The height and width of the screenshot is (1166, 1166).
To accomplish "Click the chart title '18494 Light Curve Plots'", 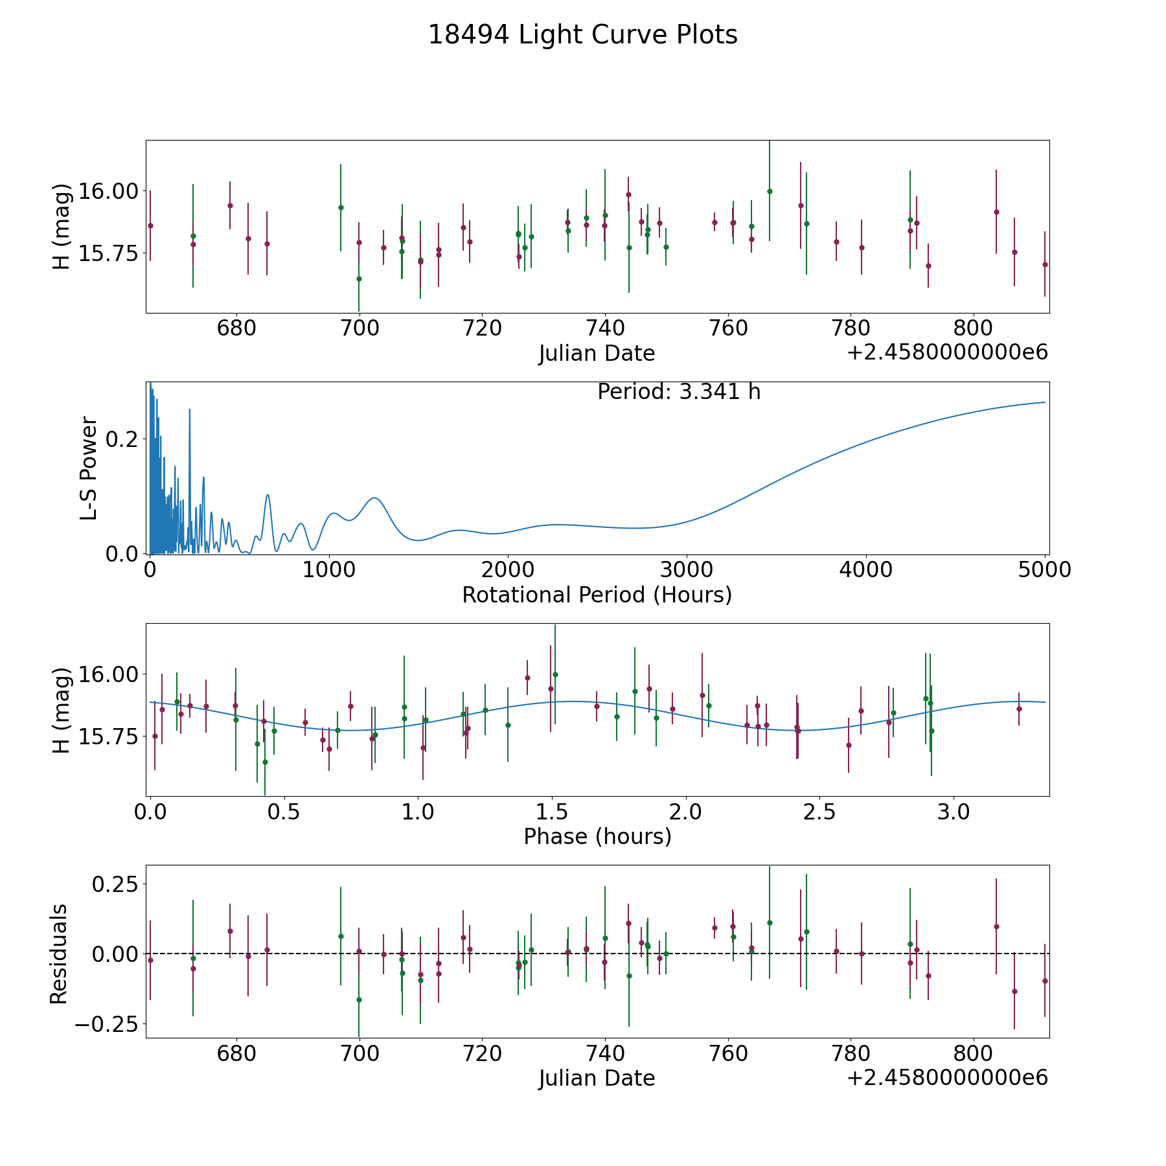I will (x=582, y=35).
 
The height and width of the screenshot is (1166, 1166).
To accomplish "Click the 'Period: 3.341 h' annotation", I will (x=678, y=392).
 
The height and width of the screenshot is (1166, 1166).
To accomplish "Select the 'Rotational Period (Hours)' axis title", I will (x=597, y=595).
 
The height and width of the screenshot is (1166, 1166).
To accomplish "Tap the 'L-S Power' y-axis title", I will (x=89, y=468).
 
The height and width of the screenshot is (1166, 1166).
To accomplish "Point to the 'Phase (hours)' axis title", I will (x=597, y=836).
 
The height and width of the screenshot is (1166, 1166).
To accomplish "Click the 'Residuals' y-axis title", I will (x=59, y=954).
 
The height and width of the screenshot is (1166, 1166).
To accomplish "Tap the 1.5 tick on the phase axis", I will (x=551, y=812).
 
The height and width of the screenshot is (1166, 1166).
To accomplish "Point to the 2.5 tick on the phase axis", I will (x=819, y=812).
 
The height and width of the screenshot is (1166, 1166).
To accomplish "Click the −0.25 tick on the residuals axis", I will (x=107, y=1025).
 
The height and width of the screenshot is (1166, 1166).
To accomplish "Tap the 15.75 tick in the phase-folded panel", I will (x=108, y=737).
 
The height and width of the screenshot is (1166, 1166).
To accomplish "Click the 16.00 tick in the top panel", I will (x=108, y=192).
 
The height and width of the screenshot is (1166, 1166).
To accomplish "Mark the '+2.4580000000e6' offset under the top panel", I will (x=947, y=353).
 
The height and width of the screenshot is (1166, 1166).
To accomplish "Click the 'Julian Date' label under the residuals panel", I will (x=597, y=1078).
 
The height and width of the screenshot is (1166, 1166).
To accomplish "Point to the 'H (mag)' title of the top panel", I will (x=62, y=227).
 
